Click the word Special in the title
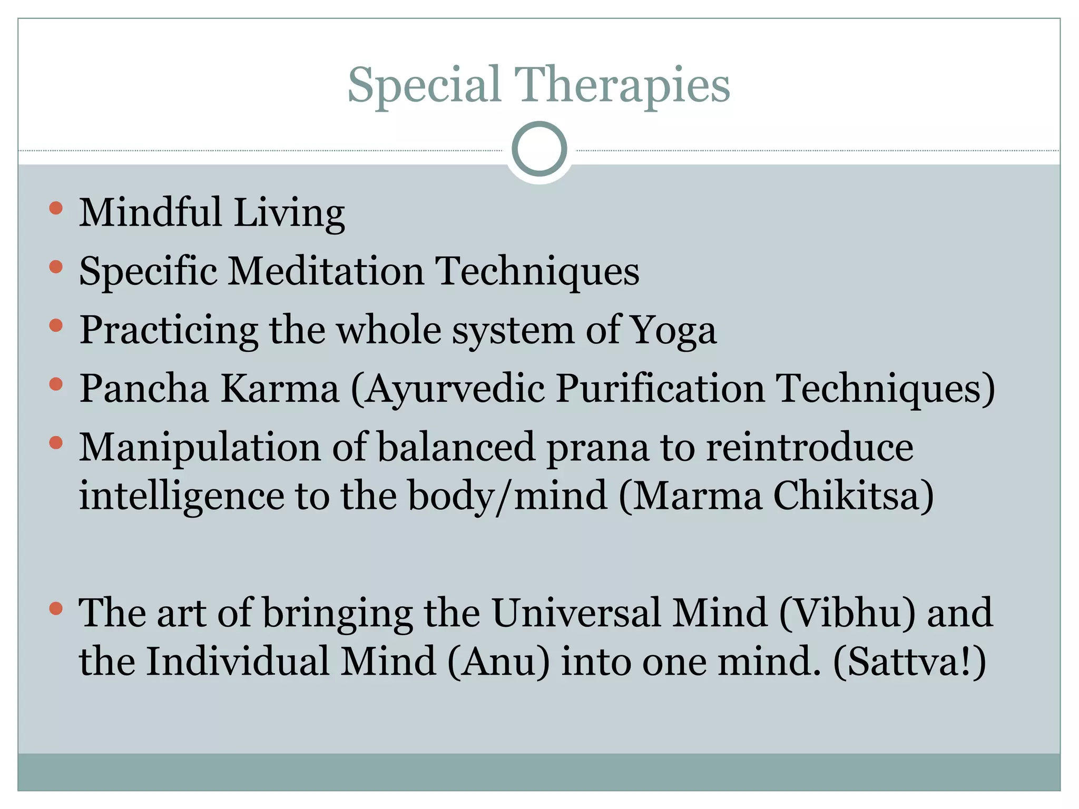[x=424, y=85]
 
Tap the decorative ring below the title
[x=539, y=149]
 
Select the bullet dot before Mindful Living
[x=56, y=208]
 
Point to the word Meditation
[x=326, y=271]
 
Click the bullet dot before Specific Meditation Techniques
[x=56, y=267]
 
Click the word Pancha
[x=144, y=389]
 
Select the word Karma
[x=280, y=389]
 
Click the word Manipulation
[x=200, y=448]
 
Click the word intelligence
[x=181, y=497]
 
